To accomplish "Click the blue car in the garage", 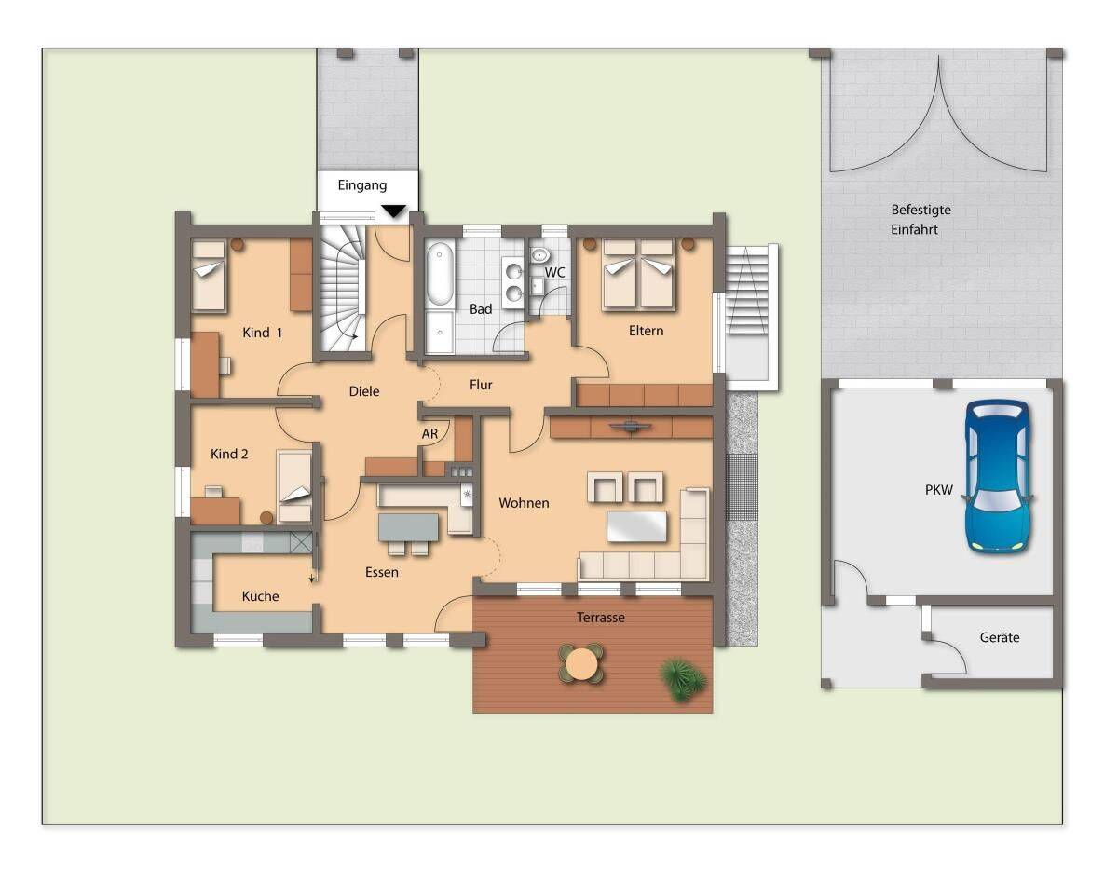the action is [998, 477].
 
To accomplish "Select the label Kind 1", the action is [263, 333].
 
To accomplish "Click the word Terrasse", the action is [601, 618].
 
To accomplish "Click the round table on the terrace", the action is [581, 662].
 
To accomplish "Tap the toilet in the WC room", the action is [540, 255].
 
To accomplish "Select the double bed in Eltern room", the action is [638, 275].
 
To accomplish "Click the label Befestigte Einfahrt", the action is [920, 219].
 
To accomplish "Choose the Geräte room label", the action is [1000, 637].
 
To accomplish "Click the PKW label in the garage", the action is [939, 489].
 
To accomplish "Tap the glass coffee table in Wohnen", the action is [636, 526].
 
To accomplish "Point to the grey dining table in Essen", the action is [408, 527].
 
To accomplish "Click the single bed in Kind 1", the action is [209, 276].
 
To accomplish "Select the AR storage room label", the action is [429, 433].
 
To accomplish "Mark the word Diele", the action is [364, 391].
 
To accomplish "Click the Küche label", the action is [260, 595].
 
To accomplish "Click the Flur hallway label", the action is [481, 385].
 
